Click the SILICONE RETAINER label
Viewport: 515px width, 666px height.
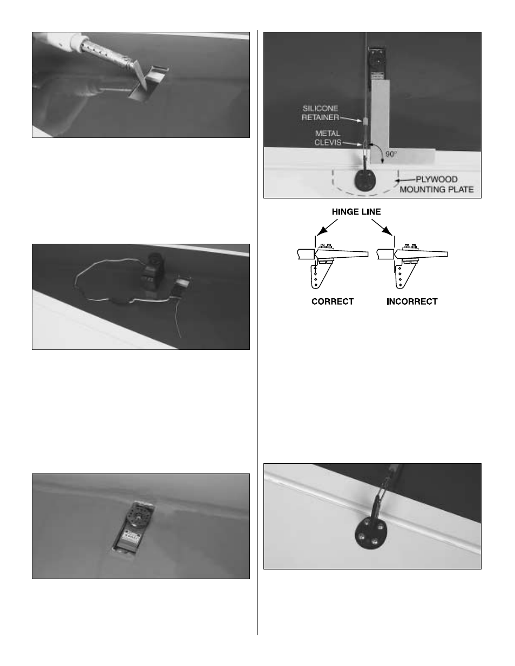pyautogui.click(x=320, y=113)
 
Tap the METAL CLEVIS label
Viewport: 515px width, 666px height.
pyautogui.click(x=328, y=138)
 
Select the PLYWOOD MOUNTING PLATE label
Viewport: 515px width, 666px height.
pyautogui.click(x=436, y=184)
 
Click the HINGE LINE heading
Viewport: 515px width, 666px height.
pyautogui.click(x=356, y=211)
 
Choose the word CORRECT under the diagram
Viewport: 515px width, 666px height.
pyautogui.click(x=333, y=301)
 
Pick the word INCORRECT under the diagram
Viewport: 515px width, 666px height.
pyautogui.click(x=412, y=301)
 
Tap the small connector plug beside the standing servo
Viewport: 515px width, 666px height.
pyautogui.click(x=183, y=284)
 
